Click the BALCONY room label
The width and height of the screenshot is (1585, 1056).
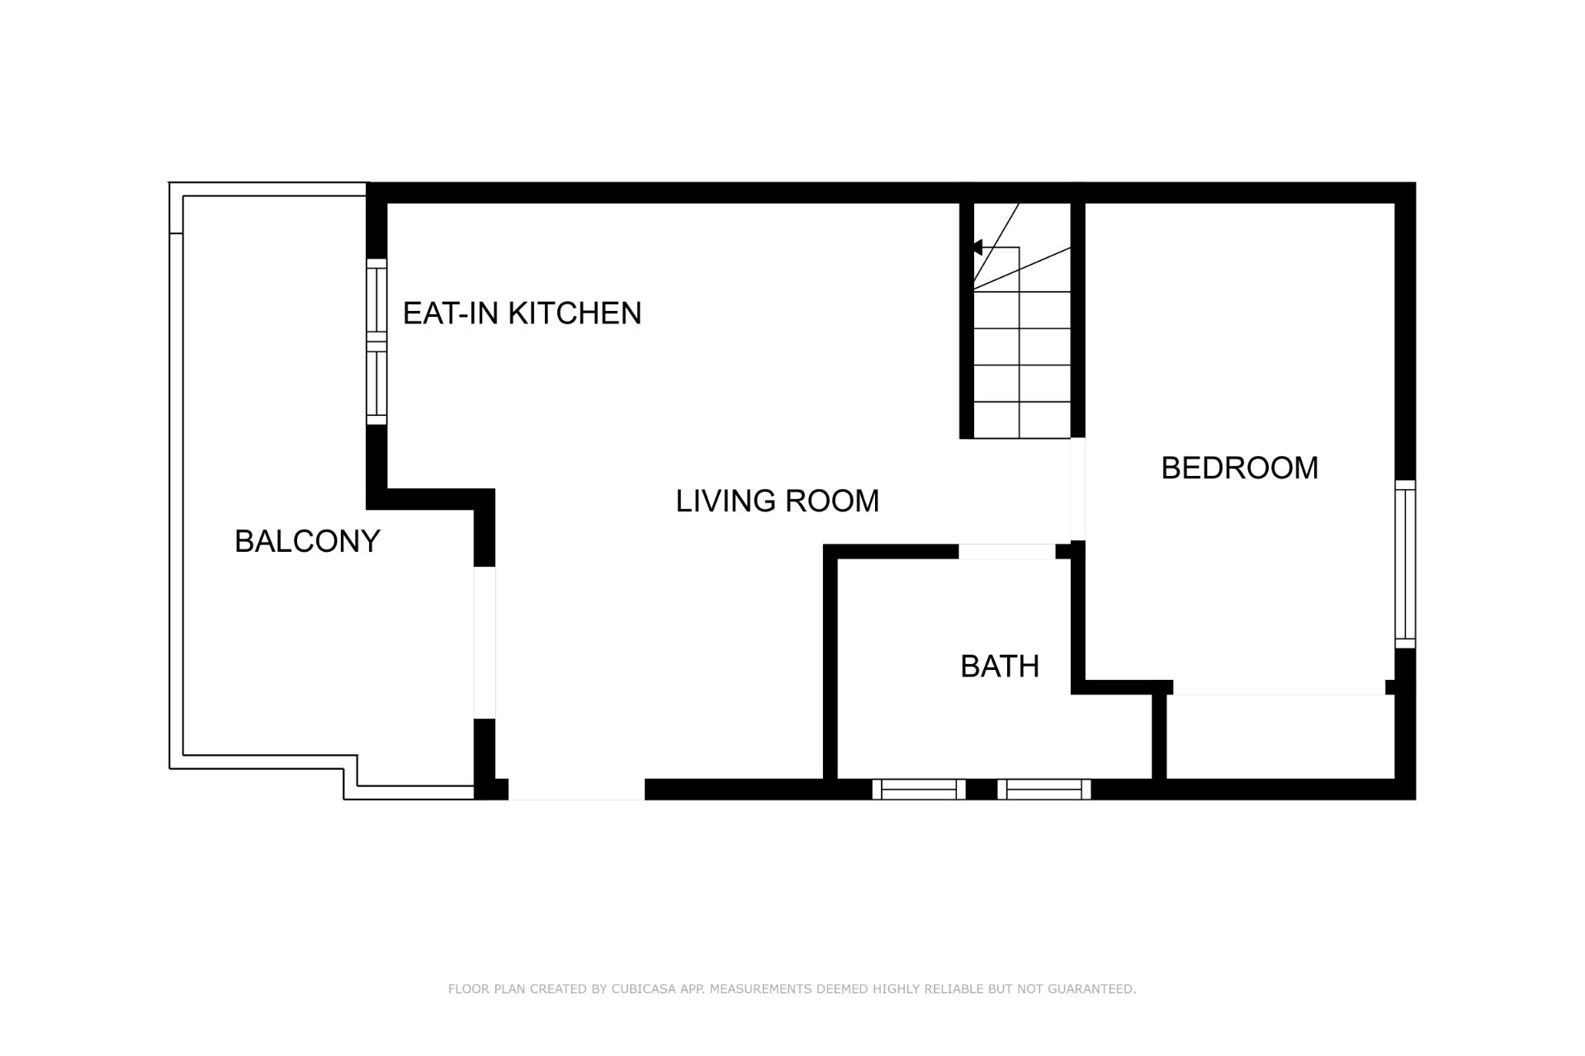pyautogui.click(x=307, y=541)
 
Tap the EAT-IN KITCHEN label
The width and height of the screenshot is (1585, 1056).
pyautogui.click(x=522, y=313)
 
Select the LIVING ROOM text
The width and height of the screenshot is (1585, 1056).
pyautogui.click(x=778, y=501)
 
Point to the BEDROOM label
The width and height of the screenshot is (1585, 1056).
pyautogui.click(x=1239, y=468)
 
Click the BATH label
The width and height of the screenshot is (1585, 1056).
pyautogui.click(x=1000, y=666)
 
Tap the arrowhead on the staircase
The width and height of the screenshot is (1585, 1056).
pyautogui.click(x=977, y=247)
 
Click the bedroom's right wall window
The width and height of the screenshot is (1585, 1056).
pyautogui.click(x=1405, y=564)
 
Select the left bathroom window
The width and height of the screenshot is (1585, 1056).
pyautogui.click(x=919, y=790)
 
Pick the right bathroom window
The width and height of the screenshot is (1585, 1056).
pyautogui.click(x=1044, y=790)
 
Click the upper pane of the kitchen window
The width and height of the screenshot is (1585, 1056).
pyautogui.click(x=376, y=299)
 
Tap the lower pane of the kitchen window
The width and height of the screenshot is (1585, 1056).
pyautogui.click(x=376, y=384)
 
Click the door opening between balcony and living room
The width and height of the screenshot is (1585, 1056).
pyautogui.click(x=485, y=643)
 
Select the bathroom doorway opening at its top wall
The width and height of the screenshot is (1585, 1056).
pyautogui.click(x=1007, y=552)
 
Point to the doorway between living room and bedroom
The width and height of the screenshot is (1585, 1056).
pyautogui.click(x=1077, y=489)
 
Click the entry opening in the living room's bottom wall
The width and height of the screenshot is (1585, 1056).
pyautogui.click(x=576, y=790)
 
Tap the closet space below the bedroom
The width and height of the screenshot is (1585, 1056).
pyautogui.click(x=1280, y=737)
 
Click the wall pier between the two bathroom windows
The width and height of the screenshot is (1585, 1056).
pyautogui.click(x=982, y=790)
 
